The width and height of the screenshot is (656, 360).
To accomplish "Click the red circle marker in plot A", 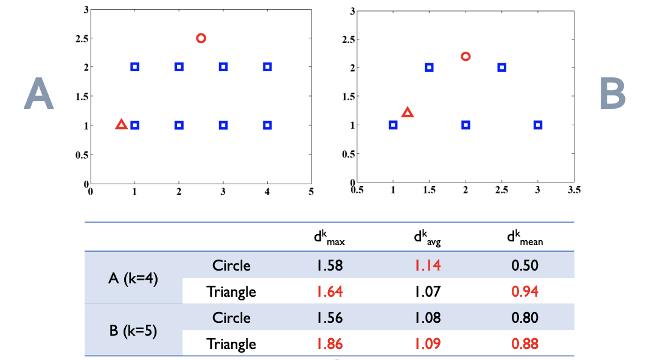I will (201, 38).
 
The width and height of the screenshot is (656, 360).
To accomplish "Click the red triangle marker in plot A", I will (121, 125).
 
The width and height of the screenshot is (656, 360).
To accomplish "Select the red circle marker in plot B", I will (466, 57).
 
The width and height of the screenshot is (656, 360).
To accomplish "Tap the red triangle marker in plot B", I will (407, 112).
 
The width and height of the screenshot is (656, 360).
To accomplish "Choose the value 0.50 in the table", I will (525, 266).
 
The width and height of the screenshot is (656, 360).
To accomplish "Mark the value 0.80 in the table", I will (525, 318).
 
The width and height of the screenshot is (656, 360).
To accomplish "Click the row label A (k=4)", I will (133, 279).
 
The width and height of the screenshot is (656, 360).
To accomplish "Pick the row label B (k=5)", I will (133, 331).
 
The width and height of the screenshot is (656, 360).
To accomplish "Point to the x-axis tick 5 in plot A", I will (311, 192).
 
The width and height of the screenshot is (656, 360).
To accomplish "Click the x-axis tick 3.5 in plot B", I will (574, 190).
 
